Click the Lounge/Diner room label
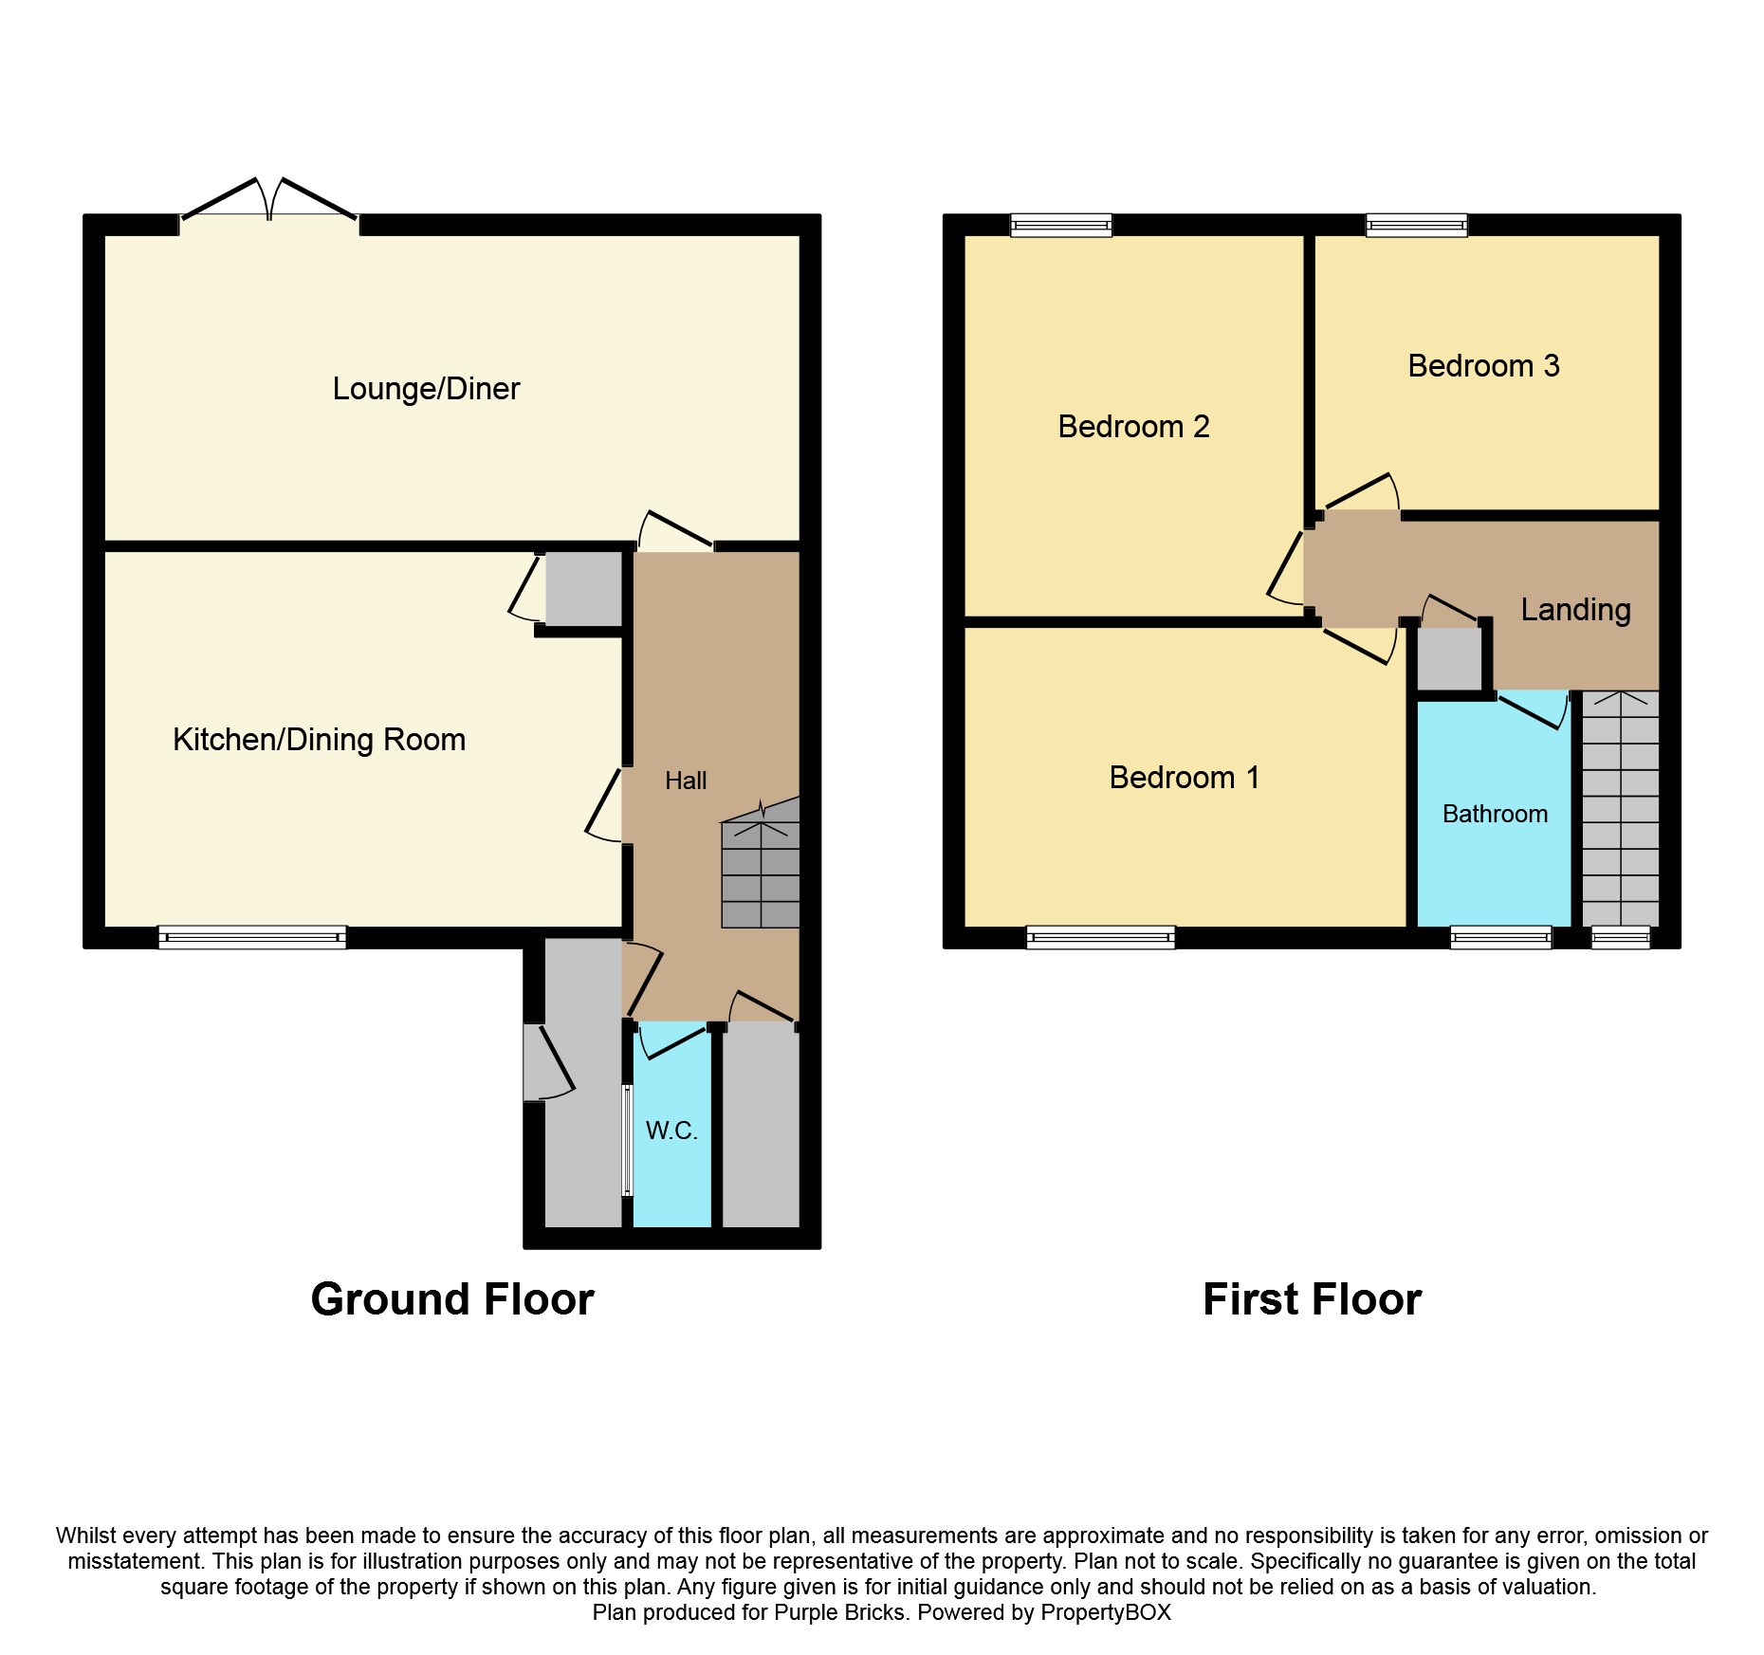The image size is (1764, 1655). click(426, 389)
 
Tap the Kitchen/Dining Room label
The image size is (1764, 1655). click(319, 740)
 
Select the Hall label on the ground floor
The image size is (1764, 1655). click(686, 781)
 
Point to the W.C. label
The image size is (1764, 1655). click(671, 1131)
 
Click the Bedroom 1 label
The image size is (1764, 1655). click(1185, 778)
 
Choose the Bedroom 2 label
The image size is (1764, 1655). click(1133, 427)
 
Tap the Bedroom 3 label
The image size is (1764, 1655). click(1483, 366)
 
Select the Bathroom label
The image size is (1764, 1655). click(1495, 814)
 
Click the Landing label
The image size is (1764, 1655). click(1575, 610)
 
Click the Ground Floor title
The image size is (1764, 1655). click(452, 1299)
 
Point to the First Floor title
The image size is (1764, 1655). click(1312, 1299)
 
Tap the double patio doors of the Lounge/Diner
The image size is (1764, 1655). click(269, 202)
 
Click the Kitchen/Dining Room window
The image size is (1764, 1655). click(252, 938)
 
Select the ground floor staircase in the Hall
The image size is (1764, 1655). click(761, 863)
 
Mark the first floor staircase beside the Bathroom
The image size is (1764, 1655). click(1621, 808)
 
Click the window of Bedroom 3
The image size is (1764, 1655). click(1416, 225)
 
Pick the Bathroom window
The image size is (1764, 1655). click(1500, 938)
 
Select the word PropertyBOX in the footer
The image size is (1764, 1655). click(1105, 1612)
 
